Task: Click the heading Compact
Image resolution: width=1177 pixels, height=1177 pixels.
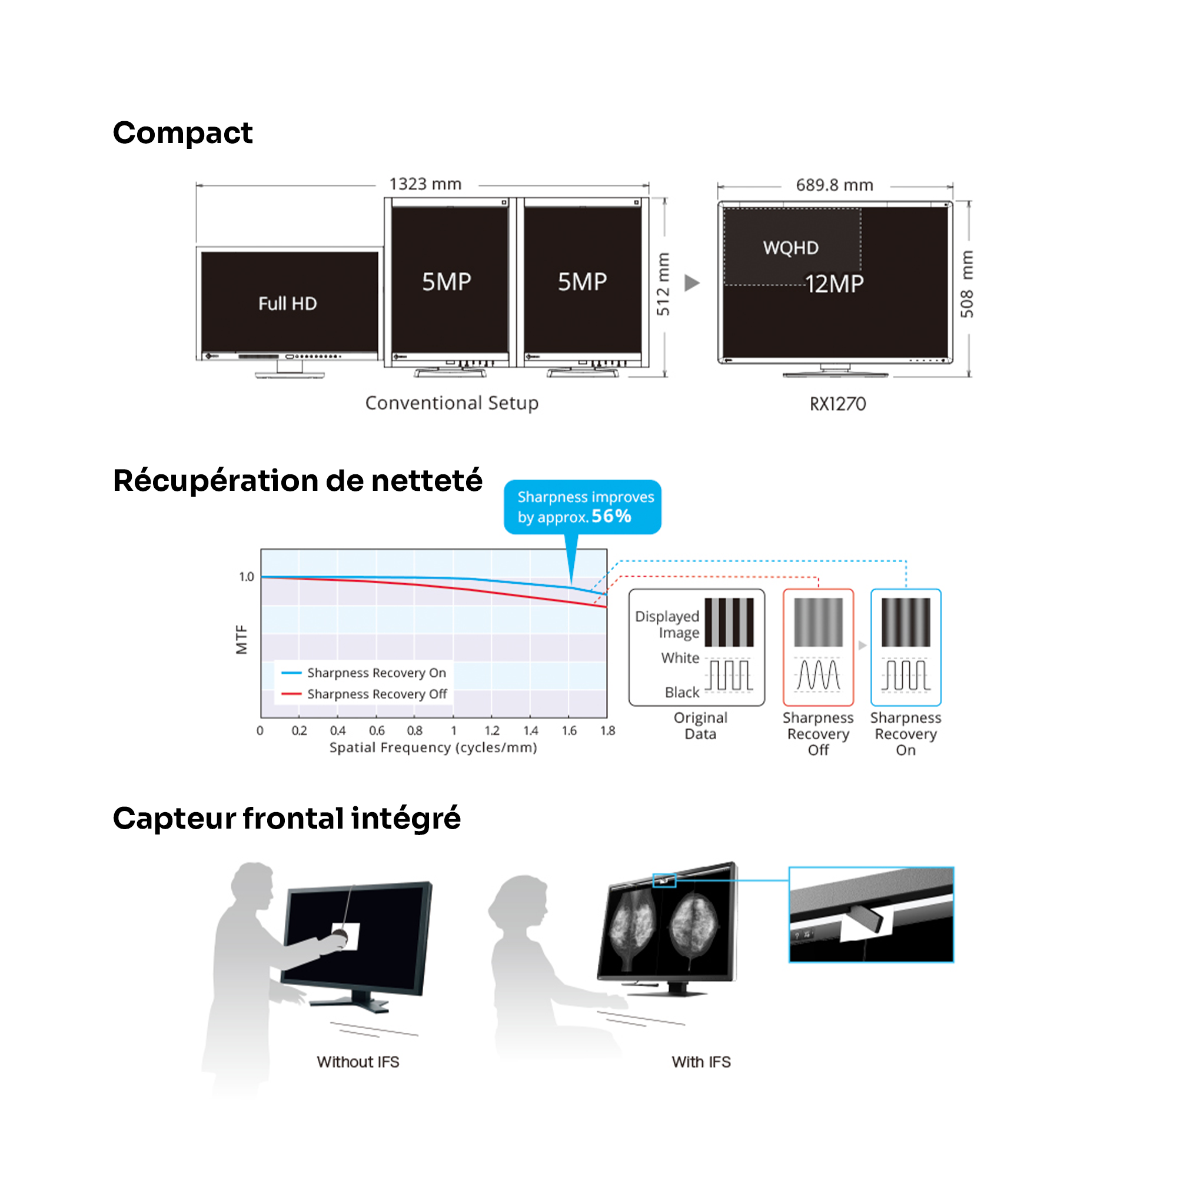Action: click(182, 133)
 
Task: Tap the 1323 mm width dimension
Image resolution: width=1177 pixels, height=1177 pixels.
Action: click(425, 184)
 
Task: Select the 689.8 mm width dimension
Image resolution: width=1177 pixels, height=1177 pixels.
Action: click(834, 185)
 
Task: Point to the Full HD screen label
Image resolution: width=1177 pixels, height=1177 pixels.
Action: click(288, 304)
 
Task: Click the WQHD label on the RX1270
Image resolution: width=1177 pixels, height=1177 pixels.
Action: click(791, 248)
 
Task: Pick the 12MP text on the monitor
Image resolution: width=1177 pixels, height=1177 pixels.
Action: click(834, 284)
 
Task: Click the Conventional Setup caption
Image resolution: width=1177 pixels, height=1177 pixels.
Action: click(451, 403)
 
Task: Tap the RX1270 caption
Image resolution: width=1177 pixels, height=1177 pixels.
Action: click(837, 404)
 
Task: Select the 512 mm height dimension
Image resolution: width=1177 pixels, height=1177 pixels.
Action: click(663, 284)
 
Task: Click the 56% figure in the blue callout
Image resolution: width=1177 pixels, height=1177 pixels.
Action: click(611, 516)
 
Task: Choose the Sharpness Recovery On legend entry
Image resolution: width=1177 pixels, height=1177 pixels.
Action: click(376, 673)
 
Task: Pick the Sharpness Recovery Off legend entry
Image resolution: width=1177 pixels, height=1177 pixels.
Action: click(377, 694)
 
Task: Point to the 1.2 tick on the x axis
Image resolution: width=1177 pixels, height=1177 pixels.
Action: click(491, 730)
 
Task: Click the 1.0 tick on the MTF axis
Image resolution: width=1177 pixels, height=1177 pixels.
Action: click(246, 576)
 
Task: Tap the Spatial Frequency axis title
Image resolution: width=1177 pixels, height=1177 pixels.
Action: click(433, 747)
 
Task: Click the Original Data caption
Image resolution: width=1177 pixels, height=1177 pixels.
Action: click(700, 726)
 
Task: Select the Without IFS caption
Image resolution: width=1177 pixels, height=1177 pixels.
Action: click(358, 1062)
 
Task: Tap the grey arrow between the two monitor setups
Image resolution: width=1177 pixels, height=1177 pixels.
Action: click(691, 282)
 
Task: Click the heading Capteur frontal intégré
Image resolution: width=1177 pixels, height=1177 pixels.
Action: click(287, 818)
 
